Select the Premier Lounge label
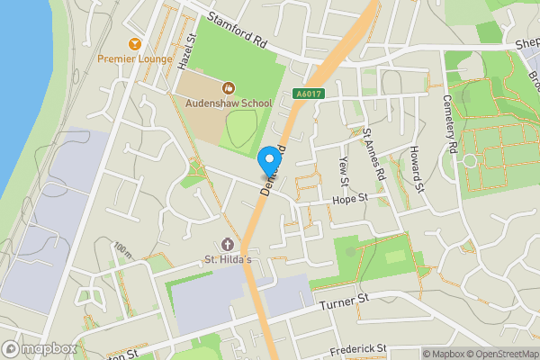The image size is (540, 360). click(x=135, y=59)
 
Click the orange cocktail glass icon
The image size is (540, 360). click(x=135, y=43)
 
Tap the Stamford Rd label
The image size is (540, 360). click(x=238, y=30)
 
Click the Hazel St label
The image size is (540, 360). click(x=187, y=52)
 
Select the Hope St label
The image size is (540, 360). click(x=350, y=199)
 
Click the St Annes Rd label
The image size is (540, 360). click(x=373, y=153)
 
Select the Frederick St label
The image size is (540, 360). click(x=357, y=346)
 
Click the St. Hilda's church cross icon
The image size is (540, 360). click(x=227, y=245)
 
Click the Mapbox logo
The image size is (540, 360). click(x=39, y=348)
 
